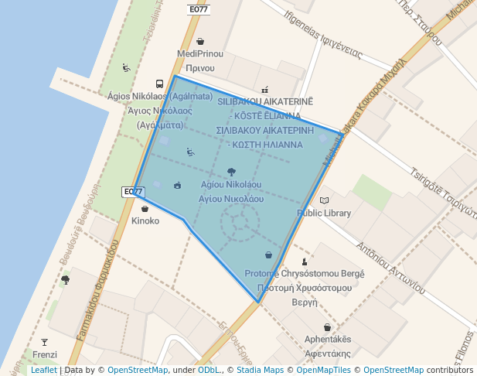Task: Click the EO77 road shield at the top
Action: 199,9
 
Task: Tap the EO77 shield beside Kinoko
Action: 133,191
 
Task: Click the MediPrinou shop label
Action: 199,54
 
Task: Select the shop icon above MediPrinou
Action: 200,42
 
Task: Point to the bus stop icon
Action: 159,84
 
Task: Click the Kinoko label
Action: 145,220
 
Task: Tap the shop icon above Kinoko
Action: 145,208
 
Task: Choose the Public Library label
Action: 324,213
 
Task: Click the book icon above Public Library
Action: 324,200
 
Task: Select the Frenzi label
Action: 45,354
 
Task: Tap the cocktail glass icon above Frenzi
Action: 44,342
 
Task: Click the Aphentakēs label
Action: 328,340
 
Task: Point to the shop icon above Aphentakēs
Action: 327,327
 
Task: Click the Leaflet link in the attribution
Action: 43,371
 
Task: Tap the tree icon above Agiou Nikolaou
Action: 231,172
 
